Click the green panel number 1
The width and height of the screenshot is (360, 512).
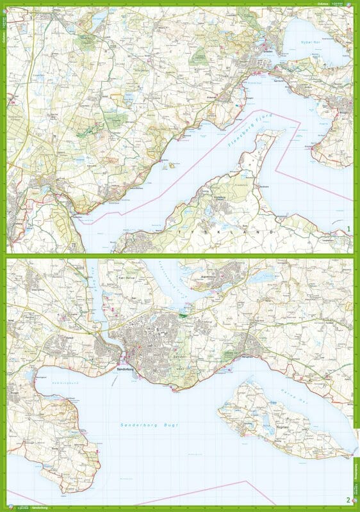pos(348,228)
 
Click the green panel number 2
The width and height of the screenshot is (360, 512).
pos(348,500)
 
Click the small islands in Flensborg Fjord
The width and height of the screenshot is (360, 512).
pos(172,165)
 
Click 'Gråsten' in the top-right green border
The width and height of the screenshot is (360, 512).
pos(325,4)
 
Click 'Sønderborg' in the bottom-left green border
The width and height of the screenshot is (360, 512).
pos(40,508)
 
